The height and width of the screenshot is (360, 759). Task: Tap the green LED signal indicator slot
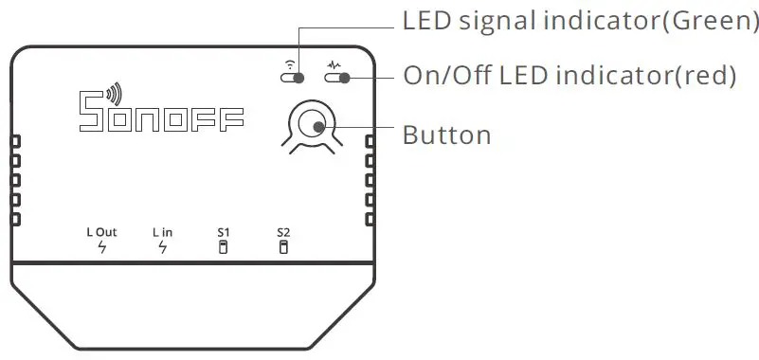[x=294, y=78]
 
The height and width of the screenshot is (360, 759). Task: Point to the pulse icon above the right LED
[x=334, y=64]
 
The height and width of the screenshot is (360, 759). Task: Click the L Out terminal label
[x=101, y=232]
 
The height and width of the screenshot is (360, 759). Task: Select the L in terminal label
[x=162, y=232]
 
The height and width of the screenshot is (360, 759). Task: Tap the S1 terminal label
[x=224, y=232]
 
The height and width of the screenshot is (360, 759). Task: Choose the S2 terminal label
[x=283, y=232]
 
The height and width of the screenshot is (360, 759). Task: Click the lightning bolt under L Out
[x=101, y=248]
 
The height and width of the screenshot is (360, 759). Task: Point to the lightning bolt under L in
[x=162, y=248]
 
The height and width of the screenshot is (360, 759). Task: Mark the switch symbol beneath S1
[x=224, y=248]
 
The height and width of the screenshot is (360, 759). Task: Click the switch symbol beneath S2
[x=283, y=248]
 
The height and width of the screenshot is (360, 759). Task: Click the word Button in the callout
[x=447, y=135]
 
